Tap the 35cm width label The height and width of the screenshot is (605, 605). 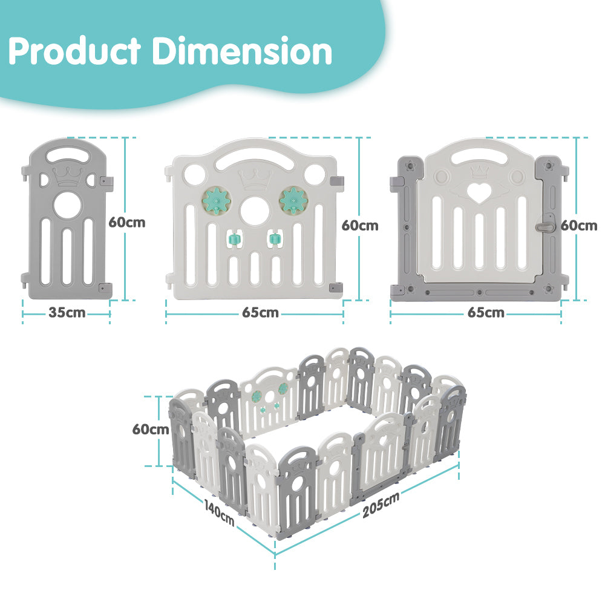67,313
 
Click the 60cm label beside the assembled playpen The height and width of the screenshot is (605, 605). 151,430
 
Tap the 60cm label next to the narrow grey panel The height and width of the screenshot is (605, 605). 127,222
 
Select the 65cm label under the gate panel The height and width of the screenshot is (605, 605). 486,313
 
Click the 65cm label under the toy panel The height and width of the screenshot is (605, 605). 260,313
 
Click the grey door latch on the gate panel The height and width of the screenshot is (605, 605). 544,225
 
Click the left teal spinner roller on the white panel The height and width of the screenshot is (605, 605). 231,239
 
